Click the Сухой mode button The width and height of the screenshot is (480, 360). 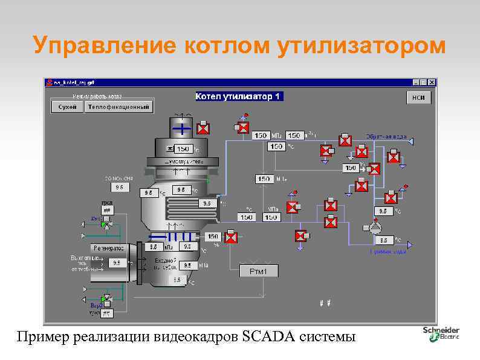(67, 107)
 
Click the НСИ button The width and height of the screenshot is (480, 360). (418, 97)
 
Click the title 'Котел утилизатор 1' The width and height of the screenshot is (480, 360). (239, 96)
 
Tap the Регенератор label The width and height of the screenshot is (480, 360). (108, 248)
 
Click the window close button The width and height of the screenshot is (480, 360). (431, 82)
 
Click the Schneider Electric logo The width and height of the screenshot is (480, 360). (441, 333)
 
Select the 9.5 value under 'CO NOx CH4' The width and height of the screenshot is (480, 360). (119, 188)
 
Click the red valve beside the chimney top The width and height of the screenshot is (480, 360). (204, 128)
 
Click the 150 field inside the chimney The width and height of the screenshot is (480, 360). (183, 149)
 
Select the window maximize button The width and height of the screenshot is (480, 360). (423, 82)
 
